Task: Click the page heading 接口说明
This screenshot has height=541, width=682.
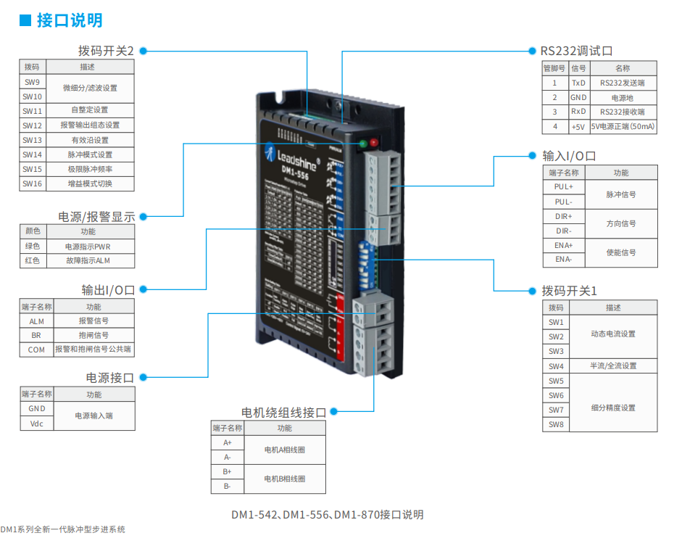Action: [70, 20]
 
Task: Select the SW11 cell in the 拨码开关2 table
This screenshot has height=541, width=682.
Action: [32, 111]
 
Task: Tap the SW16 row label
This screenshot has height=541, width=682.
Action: [32, 183]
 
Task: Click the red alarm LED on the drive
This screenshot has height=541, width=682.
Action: [374, 142]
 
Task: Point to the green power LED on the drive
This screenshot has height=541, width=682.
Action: [362, 143]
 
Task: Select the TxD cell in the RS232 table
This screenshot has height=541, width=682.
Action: [578, 83]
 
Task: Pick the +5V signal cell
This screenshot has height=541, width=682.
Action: [578, 126]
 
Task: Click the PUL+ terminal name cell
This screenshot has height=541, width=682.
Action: [563, 187]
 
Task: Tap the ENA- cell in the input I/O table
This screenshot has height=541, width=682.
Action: [563, 260]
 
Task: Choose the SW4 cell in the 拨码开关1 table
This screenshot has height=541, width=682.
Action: [556, 366]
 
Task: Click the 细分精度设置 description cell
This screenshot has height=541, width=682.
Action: [613, 408]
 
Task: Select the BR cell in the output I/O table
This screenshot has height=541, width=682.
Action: [36, 335]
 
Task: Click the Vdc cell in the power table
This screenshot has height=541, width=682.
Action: [37, 424]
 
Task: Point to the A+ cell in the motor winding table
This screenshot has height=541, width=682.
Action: [228, 442]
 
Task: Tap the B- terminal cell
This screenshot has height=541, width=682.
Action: [228, 486]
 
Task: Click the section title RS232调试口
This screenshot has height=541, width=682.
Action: [576, 51]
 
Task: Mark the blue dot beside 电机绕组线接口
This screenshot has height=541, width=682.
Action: [334, 412]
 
